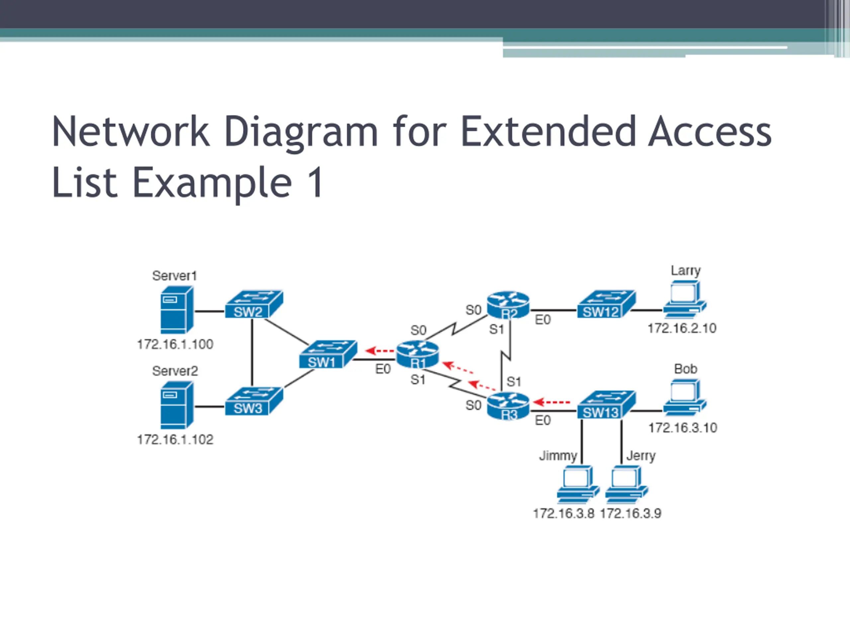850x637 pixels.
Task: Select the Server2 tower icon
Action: (x=177, y=405)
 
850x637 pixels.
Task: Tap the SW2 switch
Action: (x=254, y=304)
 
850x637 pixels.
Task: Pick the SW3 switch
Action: (x=254, y=401)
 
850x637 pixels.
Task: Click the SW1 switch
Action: (x=328, y=354)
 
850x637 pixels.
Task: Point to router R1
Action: (x=417, y=354)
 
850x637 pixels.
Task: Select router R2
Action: (x=508, y=305)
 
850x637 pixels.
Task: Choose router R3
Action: (x=508, y=406)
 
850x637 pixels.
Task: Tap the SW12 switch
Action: (x=606, y=304)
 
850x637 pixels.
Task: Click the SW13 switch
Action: (x=606, y=405)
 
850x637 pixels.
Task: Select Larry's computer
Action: (x=685, y=299)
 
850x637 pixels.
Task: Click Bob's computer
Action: (x=685, y=397)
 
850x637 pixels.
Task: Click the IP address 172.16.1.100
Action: (x=175, y=344)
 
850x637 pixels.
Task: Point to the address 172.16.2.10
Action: (x=682, y=328)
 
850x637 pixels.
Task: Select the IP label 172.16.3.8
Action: (x=564, y=513)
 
